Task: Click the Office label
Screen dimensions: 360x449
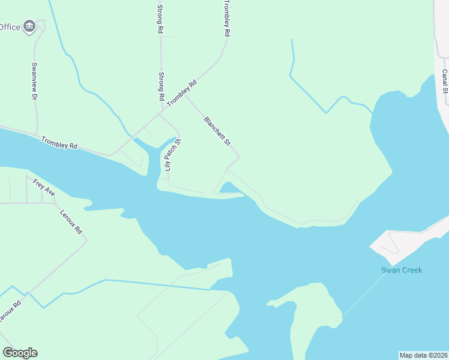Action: (10, 27)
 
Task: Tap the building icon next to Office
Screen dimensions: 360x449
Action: (29, 26)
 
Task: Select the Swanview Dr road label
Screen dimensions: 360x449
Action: (34, 81)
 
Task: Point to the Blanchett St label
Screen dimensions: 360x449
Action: (217, 131)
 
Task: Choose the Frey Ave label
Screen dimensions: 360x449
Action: (44, 188)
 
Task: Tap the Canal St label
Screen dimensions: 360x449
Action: (445, 82)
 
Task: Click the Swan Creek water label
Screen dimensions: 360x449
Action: (402, 270)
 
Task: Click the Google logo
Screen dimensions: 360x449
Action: (20, 353)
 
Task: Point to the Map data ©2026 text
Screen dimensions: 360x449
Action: (423, 355)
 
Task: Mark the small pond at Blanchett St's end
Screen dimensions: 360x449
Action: (229, 188)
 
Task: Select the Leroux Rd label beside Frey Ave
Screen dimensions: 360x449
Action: (71, 221)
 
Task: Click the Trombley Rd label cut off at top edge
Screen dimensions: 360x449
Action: (226, 18)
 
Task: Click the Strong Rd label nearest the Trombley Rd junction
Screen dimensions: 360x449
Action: (161, 86)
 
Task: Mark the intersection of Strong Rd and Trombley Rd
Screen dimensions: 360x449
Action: (161, 111)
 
